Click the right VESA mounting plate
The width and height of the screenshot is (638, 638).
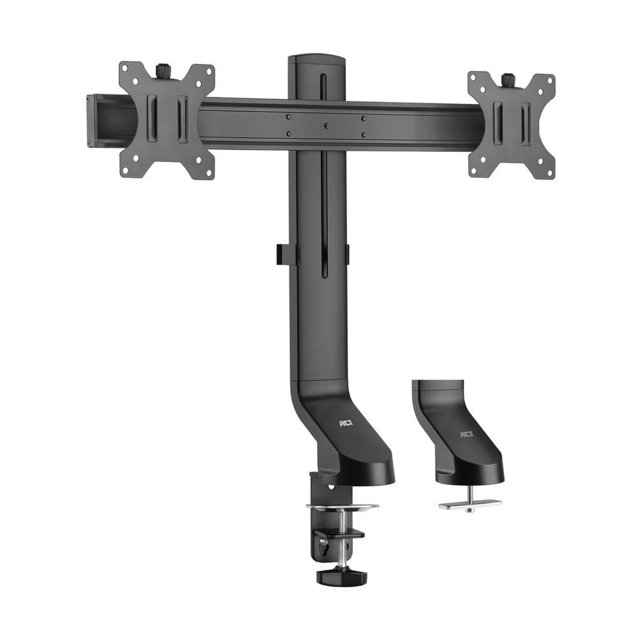coord(511,124)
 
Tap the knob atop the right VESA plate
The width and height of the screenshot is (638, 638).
coord(508,79)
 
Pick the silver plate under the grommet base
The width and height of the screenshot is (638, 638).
coord(470,503)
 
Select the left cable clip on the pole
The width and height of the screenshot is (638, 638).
coord(288,253)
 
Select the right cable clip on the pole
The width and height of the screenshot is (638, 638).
coord(347,253)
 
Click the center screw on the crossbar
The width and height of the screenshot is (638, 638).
coord(325,126)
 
